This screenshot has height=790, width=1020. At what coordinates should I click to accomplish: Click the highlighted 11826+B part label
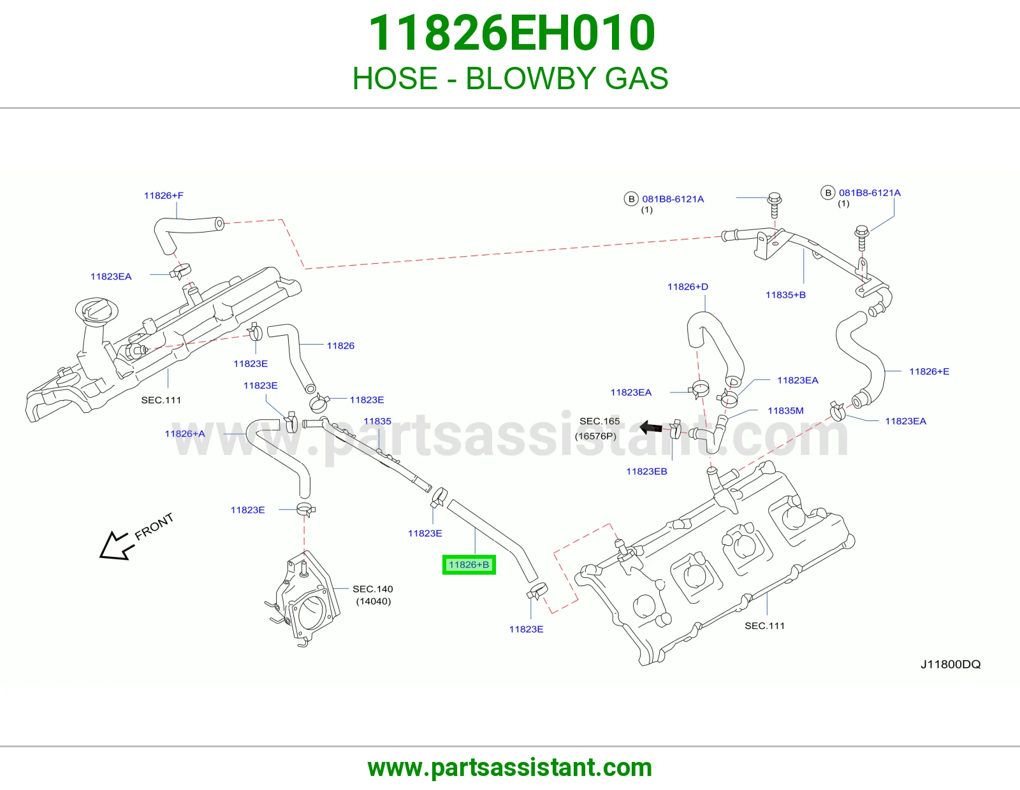(469, 564)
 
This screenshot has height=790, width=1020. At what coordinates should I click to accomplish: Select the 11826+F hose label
(163, 196)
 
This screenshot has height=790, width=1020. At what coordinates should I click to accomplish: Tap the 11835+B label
(785, 294)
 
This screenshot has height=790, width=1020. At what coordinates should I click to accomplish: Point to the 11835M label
(785, 410)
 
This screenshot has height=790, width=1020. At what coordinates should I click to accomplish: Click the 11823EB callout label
(646, 471)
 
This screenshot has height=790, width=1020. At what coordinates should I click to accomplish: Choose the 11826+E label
(929, 371)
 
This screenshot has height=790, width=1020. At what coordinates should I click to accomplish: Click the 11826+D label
(688, 287)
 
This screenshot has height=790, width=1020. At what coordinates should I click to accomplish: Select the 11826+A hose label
(185, 433)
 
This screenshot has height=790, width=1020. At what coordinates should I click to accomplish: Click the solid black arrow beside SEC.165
(651, 427)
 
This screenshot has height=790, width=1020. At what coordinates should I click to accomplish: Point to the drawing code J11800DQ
(950, 664)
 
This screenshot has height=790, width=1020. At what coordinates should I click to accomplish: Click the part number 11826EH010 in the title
(512, 33)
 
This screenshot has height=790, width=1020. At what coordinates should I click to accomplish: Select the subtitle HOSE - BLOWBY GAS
(510, 78)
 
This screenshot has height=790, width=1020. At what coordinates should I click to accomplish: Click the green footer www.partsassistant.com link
(510, 768)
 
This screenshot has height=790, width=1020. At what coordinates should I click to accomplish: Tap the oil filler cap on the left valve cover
(97, 310)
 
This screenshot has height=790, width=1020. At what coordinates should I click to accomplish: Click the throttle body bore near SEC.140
(310, 613)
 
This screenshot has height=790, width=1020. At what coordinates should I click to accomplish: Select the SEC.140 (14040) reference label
(373, 595)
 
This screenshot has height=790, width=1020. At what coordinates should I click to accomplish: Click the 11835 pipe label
(377, 421)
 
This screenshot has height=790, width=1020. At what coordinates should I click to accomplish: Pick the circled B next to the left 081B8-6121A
(631, 199)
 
